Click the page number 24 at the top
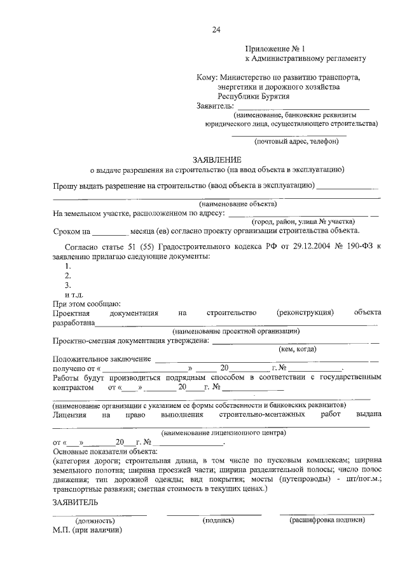[x=217, y=29]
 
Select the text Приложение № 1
[x=275, y=48]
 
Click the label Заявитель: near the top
[x=216, y=105]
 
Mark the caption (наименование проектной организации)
[x=236, y=330]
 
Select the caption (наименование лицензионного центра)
[x=223, y=432]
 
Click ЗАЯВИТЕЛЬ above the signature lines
[x=75, y=502]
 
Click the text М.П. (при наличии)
[x=87, y=529]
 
